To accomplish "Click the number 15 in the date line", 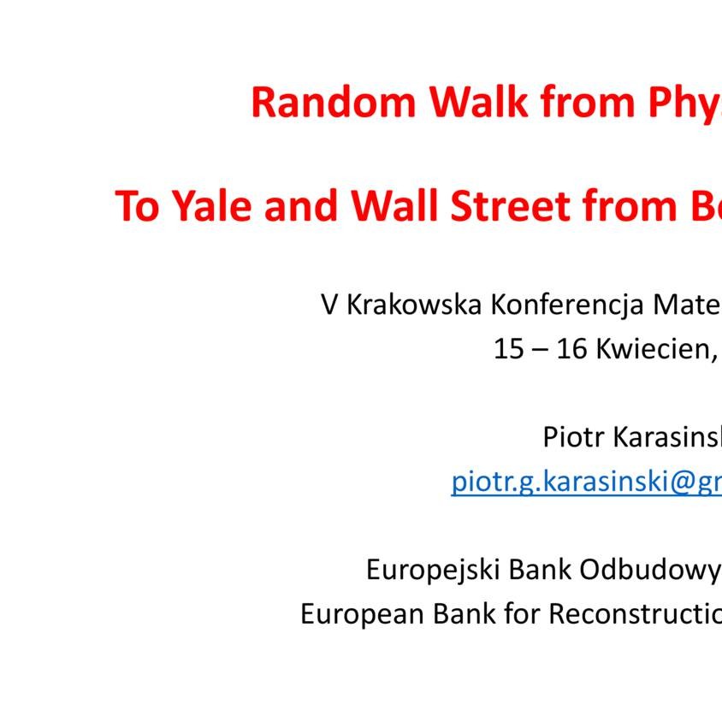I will [508, 349].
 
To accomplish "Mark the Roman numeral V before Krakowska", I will [329, 305].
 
